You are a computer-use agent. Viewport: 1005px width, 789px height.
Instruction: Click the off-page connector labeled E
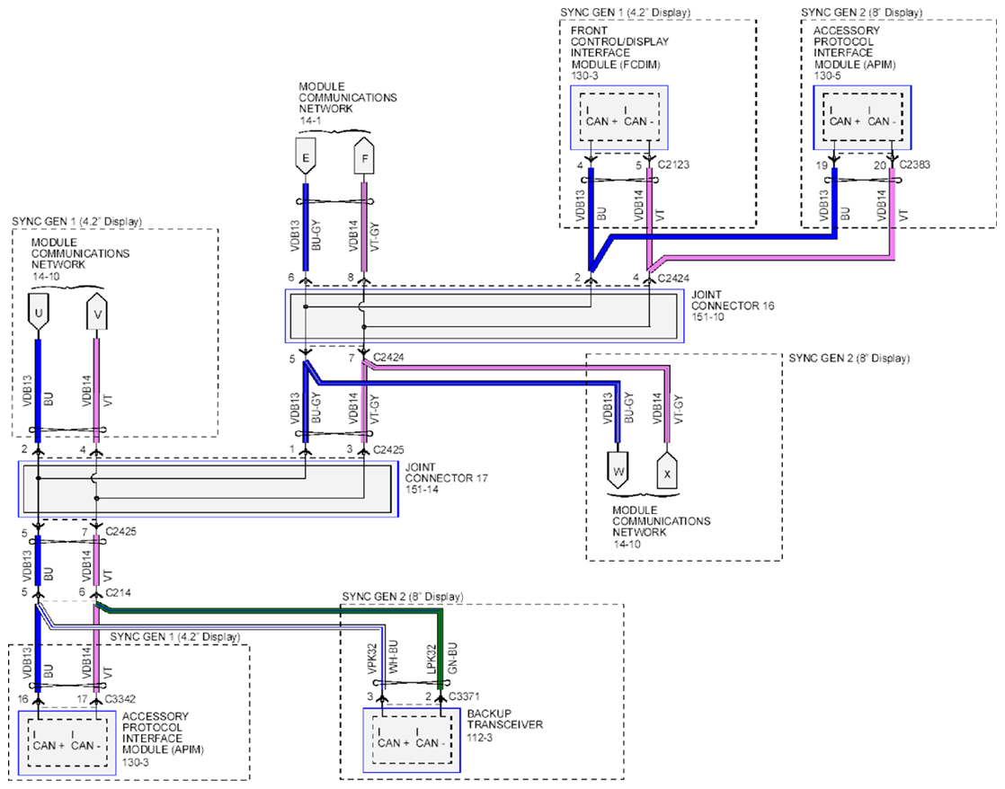[305, 155]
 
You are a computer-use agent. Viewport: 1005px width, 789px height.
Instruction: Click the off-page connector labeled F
[365, 155]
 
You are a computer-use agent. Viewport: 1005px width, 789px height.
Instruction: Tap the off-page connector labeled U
[39, 312]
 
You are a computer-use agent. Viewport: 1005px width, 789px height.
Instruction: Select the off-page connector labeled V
[97, 312]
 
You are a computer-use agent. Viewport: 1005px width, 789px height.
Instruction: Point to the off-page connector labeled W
[618, 471]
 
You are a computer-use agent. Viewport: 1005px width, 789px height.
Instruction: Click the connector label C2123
[673, 164]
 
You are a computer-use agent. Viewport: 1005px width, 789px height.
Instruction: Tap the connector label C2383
[914, 164]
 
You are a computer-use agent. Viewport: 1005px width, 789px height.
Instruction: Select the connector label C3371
[464, 696]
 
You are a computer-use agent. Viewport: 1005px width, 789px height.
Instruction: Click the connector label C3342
[120, 698]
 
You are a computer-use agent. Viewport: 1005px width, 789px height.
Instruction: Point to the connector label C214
[118, 592]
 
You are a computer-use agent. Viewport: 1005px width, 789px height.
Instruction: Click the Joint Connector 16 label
[733, 306]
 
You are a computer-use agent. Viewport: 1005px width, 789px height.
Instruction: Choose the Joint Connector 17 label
[446, 478]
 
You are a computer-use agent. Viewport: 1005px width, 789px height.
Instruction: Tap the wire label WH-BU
[394, 657]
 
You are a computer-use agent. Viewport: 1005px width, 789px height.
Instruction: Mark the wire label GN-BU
[452, 657]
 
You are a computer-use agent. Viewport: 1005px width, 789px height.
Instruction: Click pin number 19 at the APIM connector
[821, 165]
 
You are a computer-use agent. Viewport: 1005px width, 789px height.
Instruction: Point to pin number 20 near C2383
[880, 165]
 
